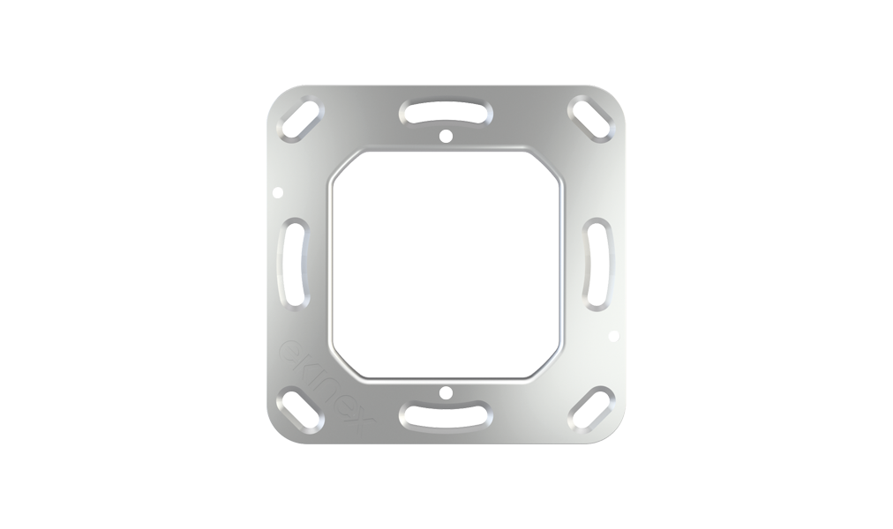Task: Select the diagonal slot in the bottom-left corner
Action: tap(297, 407)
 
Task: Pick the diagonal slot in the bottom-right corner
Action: tap(597, 407)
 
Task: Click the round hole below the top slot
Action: tap(446, 137)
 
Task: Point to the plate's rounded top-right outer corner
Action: tap(618, 94)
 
